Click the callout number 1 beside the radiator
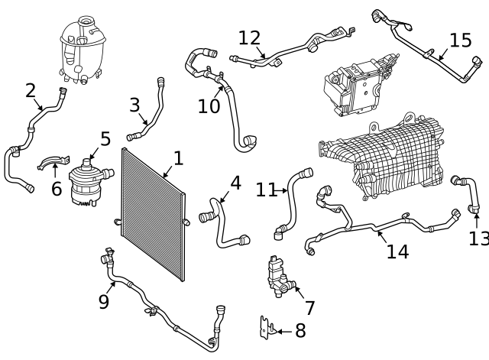178,158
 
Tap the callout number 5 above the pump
105,139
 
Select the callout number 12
250,37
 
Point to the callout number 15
460,40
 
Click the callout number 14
397,251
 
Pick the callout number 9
104,302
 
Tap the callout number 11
266,190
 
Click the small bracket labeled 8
265,327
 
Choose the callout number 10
209,106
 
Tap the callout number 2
31,91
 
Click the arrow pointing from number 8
280,331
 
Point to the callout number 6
57,189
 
